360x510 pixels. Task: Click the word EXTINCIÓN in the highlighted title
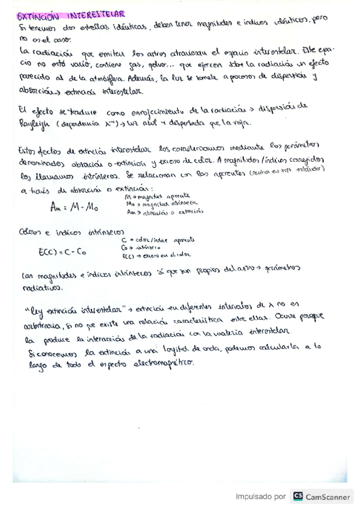coord(37,14)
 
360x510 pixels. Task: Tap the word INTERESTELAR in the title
coord(97,13)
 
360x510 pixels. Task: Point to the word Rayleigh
coord(35,122)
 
